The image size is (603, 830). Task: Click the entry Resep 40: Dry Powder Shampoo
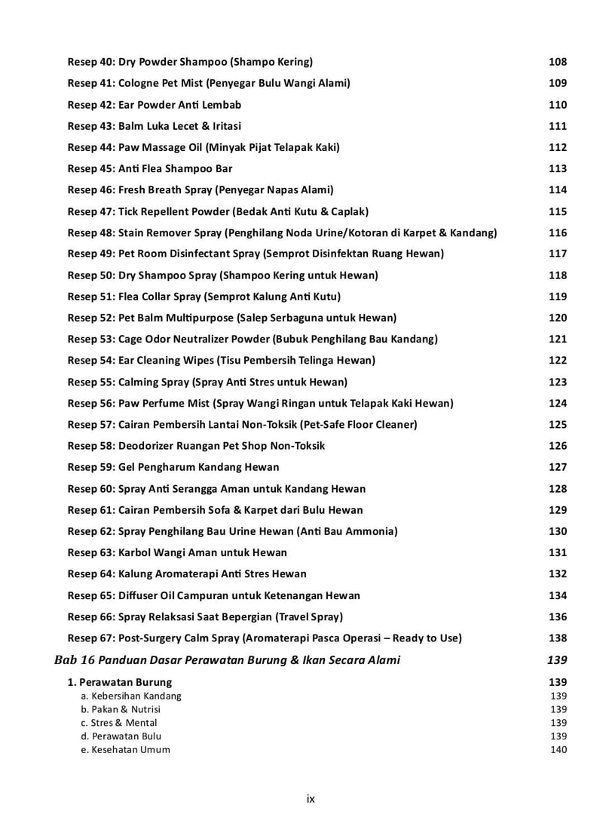coord(190,62)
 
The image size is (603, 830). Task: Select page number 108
coord(557,62)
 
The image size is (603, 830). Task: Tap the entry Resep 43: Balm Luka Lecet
coord(155,126)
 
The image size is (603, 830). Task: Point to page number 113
coord(557,168)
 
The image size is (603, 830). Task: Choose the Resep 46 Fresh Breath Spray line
coord(200,189)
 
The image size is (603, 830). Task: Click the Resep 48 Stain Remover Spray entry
coord(282,232)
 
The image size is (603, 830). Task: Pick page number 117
coord(557,254)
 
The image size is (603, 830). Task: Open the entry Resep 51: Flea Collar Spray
coord(204,297)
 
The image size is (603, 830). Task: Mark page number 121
coord(557,339)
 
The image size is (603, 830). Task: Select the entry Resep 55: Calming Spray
coord(207,382)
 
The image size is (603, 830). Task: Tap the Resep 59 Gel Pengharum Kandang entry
coord(173,467)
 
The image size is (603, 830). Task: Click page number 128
coord(557,489)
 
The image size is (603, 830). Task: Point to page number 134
coord(557,595)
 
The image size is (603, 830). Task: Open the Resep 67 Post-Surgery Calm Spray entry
coord(264,638)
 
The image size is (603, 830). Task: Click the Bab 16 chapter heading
coord(227,660)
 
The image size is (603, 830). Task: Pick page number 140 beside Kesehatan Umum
coord(559,749)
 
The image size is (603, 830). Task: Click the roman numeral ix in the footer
coord(311,798)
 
